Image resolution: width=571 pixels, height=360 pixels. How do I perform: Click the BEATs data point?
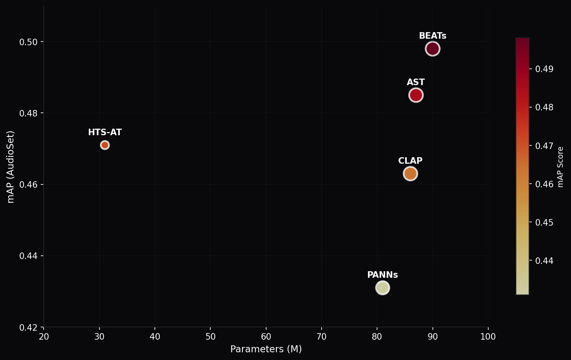[432, 49]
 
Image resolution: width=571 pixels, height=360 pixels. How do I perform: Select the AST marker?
[416, 95]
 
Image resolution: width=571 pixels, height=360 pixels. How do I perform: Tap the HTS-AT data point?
[105, 145]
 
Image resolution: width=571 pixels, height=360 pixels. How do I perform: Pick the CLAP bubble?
[410, 173]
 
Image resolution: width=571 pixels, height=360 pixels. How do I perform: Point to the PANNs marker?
[382, 288]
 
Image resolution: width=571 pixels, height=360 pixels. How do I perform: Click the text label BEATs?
[432, 36]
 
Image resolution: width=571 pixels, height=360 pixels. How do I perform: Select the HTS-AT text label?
[105, 132]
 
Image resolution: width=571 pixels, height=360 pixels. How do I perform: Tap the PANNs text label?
[382, 275]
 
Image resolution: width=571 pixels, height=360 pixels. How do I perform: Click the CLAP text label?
[410, 161]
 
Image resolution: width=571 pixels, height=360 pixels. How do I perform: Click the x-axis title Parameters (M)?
[266, 349]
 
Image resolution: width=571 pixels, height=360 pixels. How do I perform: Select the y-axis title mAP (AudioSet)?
[11, 167]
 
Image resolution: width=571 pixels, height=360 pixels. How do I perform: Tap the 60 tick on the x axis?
[266, 337]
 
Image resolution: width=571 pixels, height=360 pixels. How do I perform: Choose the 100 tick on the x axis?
[488, 337]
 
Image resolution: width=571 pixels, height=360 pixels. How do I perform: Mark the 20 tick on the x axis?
[44, 337]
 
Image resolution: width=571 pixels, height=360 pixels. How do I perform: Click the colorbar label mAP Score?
[561, 167]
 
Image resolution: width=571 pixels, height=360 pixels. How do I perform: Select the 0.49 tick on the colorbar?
[544, 69]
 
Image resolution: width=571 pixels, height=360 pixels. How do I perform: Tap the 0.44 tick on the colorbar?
[544, 261]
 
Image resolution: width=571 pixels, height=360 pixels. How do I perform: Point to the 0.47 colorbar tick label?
[544, 145]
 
